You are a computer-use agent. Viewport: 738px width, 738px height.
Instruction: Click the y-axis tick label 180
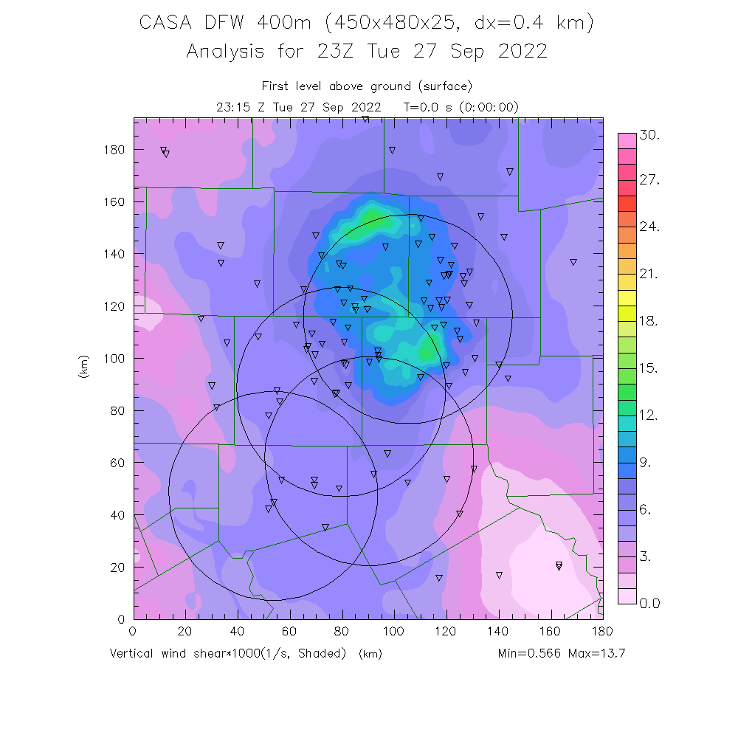pos(114,150)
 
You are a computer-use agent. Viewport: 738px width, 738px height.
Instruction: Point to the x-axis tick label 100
pos(393,631)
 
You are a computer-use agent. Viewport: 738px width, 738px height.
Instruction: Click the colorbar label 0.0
pos(649,603)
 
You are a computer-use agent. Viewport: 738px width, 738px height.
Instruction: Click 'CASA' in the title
pos(165,23)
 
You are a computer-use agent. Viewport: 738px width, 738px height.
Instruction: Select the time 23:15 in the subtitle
pos(232,106)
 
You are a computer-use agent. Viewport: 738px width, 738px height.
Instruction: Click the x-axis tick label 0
pos(133,631)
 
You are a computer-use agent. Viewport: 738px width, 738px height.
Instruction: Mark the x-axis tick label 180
pos(602,631)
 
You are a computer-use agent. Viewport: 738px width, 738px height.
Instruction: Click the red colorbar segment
pos(627,202)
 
